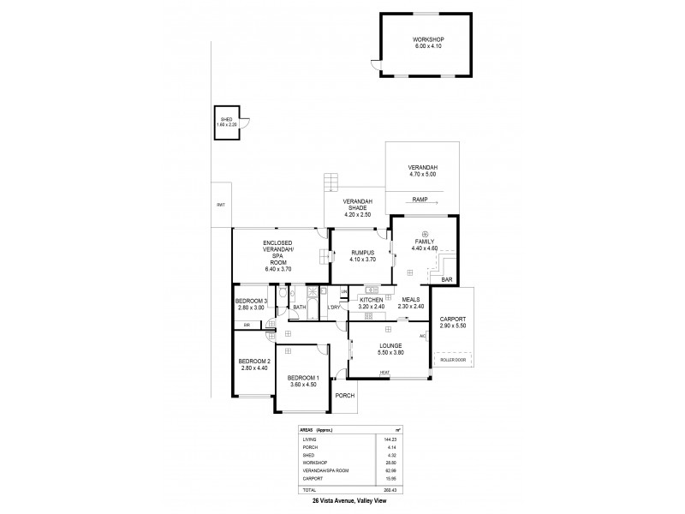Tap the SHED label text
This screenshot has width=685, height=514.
226,120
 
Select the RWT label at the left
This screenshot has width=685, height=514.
220,205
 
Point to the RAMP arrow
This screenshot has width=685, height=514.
438,203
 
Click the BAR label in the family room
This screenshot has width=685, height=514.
446,279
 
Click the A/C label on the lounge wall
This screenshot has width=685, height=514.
422,336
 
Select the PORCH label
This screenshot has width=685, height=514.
346,395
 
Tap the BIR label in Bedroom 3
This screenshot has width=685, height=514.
246,325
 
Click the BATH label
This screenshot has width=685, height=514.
300,307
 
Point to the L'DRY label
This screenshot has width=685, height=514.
334,307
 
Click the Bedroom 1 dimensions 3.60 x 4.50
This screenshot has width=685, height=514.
302,384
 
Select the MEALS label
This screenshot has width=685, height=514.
410,300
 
